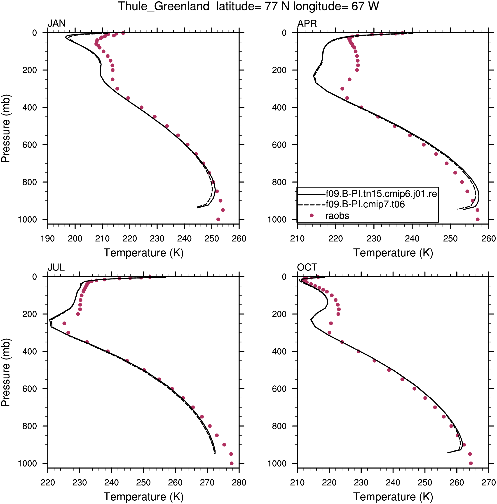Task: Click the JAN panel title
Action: tap(56, 23)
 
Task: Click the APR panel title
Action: tap(307, 23)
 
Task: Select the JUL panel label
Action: tap(56, 267)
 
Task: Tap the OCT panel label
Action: tap(307, 267)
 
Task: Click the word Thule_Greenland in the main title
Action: tap(164, 6)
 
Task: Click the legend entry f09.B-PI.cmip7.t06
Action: tap(365, 204)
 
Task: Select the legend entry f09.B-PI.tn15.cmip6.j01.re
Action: tap(381, 194)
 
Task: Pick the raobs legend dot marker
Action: tap(312, 216)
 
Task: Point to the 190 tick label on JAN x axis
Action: tap(48, 238)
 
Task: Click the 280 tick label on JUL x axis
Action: tap(239, 482)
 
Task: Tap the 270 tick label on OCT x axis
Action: tap(488, 482)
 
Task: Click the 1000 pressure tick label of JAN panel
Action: tap(27, 220)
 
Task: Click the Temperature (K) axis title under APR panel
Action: tap(393, 253)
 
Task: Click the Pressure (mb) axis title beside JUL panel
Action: tap(5, 373)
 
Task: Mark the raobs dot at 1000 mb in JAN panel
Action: tap(218, 219)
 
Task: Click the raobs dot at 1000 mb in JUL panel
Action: tap(231, 463)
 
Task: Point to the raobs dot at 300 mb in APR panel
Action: tap(342, 89)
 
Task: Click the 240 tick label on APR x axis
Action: tap(412, 238)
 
